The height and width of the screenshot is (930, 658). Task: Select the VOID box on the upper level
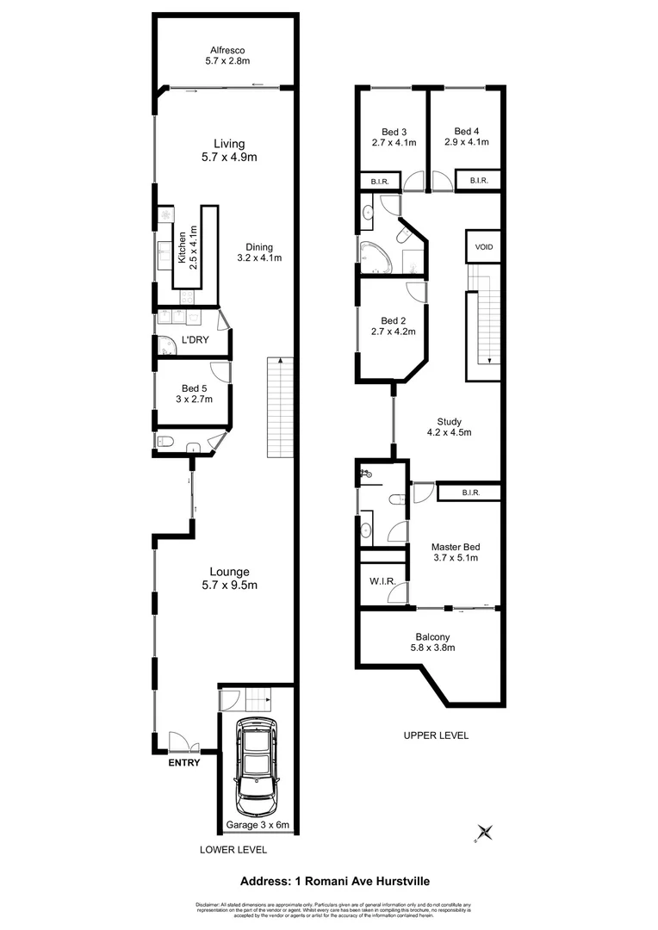click(x=484, y=247)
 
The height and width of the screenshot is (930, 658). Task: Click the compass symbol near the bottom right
click(x=485, y=832)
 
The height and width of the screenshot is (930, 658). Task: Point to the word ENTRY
click(x=183, y=762)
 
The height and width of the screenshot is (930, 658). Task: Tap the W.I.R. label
click(x=382, y=582)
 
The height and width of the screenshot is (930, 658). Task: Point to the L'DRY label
click(x=195, y=339)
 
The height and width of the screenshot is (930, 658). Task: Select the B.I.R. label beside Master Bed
click(x=469, y=493)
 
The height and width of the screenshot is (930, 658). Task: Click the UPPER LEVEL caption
click(x=436, y=735)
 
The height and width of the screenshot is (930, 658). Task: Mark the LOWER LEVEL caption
click(x=233, y=849)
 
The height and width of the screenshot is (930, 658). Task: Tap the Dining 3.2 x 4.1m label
click(x=259, y=251)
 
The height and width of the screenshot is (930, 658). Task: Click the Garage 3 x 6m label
click(x=257, y=825)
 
